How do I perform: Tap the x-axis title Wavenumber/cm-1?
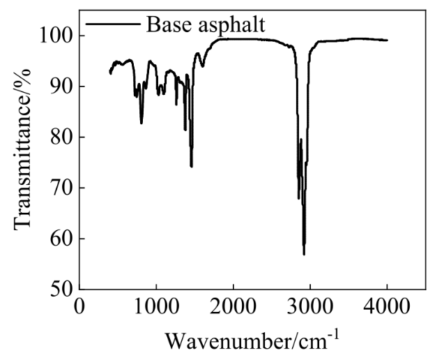(252, 340)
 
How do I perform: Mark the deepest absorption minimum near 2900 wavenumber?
(304, 255)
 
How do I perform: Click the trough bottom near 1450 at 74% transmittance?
(191, 167)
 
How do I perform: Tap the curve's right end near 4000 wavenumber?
(387, 40)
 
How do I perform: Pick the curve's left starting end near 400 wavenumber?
(110, 73)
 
